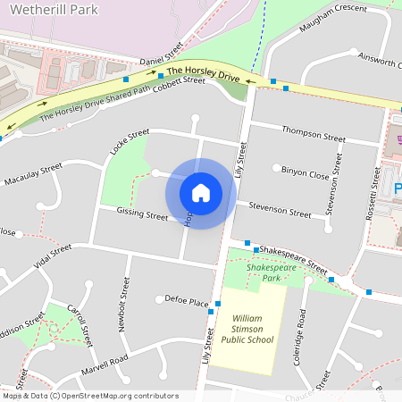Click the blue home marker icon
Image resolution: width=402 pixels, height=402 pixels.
point(201,192)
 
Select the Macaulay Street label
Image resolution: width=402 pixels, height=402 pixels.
point(33,173)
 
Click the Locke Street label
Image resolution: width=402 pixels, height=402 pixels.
point(129,142)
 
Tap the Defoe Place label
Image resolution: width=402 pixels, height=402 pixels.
point(187,304)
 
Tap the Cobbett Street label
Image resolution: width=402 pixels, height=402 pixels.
point(180,85)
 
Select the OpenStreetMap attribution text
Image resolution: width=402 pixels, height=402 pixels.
point(89,395)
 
